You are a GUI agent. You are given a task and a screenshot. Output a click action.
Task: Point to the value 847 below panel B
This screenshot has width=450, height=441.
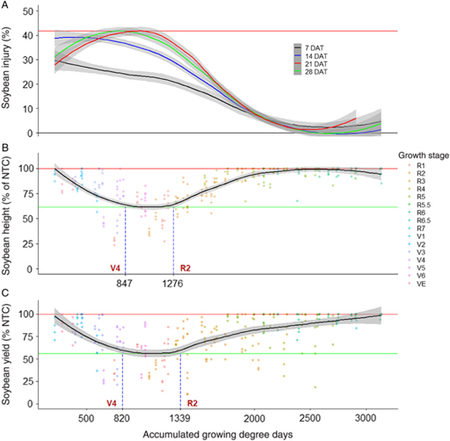coord(125,283)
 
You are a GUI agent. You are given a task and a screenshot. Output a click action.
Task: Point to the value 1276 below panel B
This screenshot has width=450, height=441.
coord(174,283)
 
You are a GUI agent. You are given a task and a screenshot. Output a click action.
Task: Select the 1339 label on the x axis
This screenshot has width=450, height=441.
coord(180,417)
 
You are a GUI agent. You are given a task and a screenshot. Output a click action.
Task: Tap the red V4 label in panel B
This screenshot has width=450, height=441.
coord(114,266)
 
